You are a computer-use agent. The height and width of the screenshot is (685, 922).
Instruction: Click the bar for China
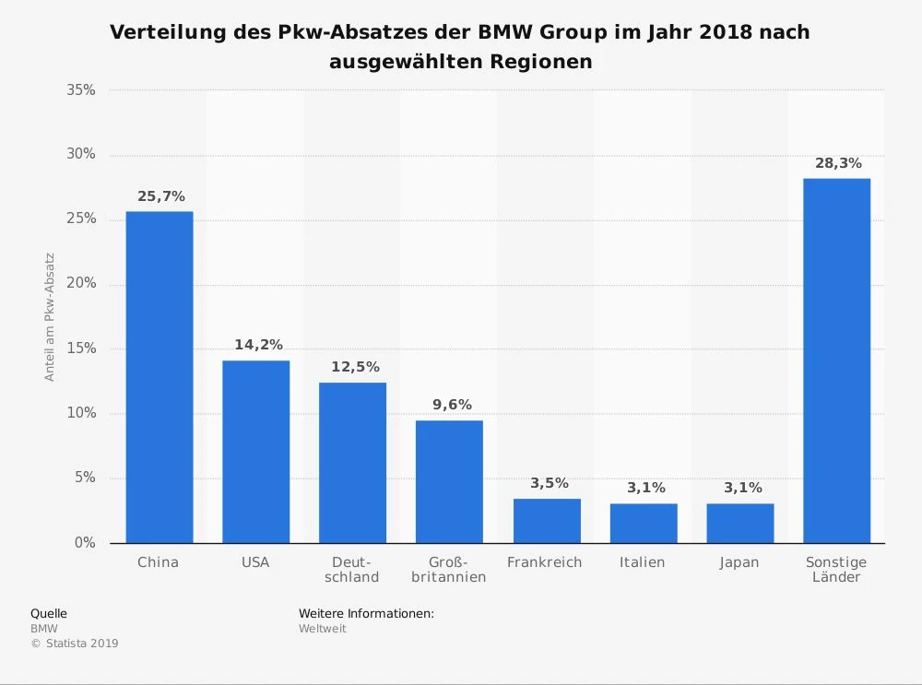click(x=160, y=377)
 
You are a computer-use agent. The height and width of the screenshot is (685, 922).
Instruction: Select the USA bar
click(x=255, y=452)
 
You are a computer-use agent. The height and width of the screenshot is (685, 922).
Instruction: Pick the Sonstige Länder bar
click(x=836, y=360)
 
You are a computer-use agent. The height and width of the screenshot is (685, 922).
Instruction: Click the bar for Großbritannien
click(x=449, y=481)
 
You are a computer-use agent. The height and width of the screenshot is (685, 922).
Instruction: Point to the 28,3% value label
click(x=838, y=163)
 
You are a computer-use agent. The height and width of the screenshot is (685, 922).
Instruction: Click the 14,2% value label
click(x=258, y=345)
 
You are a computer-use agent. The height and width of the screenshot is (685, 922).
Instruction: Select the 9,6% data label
click(x=452, y=405)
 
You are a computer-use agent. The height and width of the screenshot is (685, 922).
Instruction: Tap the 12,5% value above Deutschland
click(x=355, y=367)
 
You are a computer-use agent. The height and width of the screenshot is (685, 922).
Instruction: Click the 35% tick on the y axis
click(x=81, y=90)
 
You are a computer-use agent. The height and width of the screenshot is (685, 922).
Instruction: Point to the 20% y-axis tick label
click(x=81, y=284)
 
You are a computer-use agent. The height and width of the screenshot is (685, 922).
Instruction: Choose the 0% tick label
click(x=85, y=543)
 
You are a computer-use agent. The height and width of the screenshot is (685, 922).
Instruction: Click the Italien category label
click(x=643, y=562)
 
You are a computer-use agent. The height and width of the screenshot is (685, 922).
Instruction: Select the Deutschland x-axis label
click(x=353, y=570)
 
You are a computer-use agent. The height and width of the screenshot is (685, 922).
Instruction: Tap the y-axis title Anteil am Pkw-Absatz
click(x=50, y=317)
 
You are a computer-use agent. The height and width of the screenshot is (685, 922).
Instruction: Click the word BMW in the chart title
click(x=505, y=32)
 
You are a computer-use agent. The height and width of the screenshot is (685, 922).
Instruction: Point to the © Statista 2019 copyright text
click(x=75, y=644)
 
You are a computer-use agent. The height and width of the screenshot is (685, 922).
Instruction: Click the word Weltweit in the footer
click(x=322, y=629)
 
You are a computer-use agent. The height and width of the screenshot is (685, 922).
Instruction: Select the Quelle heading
click(x=49, y=613)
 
